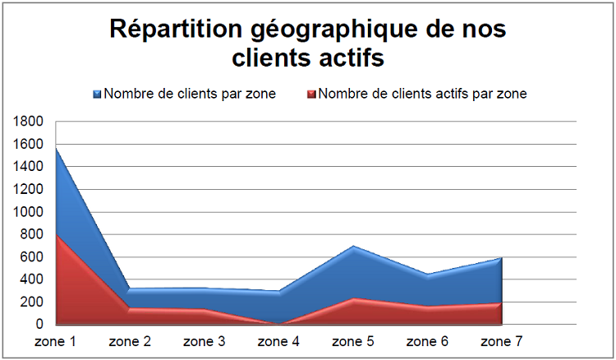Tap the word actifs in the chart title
(x=345, y=60)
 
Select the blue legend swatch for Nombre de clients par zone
(x=97, y=94)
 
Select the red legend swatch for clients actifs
(x=310, y=94)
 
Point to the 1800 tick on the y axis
(x=28, y=122)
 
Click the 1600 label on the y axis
(x=28, y=144)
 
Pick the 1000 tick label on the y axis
(x=28, y=212)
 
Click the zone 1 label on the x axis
(x=55, y=340)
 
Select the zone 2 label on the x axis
(x=130, y=340)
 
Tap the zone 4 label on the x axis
(x=278, y=340)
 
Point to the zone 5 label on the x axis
(x=352, y=340)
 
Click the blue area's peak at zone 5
(x=352, y=246)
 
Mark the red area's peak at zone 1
(x=56, y=236)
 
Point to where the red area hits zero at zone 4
(x=278, y=323)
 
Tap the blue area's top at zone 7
(x=499, y=258)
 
